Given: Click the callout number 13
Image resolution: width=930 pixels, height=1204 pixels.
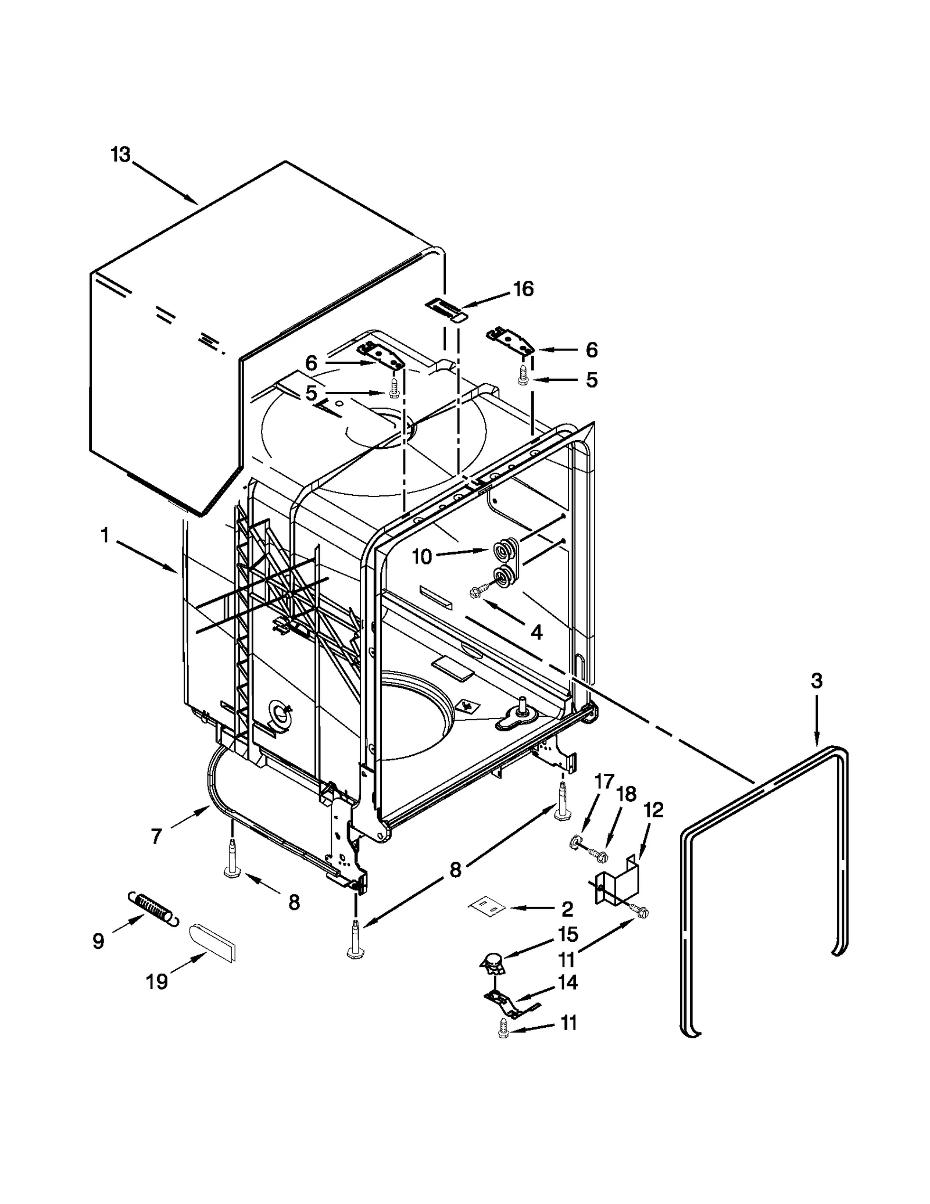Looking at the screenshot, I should coord(121,155).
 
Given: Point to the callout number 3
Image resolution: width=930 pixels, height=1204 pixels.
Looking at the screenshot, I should coord(817,681).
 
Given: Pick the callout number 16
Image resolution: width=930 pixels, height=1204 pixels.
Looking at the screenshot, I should coord(523,289).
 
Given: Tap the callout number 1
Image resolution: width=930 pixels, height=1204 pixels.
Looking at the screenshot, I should coord(105,535).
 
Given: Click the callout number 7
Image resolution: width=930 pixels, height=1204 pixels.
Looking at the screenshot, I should coord(156,837).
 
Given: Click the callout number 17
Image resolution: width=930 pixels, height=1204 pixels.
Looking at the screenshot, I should coord(604,783).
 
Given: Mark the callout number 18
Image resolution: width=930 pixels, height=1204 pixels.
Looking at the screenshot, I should coord(627,794).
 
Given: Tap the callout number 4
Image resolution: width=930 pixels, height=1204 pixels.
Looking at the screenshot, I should coord(536,633).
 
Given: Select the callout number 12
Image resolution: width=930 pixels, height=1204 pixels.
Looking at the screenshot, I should coord(654,810).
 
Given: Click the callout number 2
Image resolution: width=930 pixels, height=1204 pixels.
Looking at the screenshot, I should coord(567,909).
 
